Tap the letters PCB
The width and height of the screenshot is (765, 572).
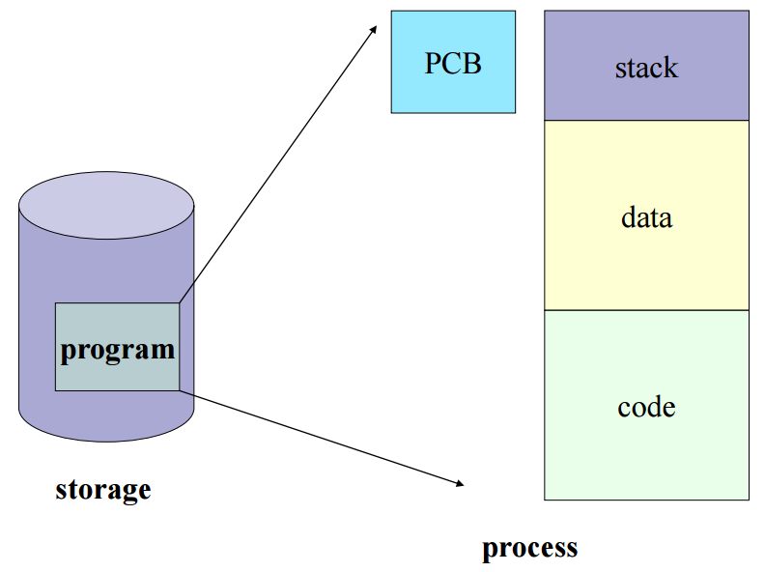tap(453, 64)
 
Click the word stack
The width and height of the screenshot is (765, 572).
tap(646, 68)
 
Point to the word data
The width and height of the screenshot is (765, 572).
tap(646, 217)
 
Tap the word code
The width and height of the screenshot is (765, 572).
tap(646, 407)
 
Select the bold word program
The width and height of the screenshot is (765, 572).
tap(118, 349)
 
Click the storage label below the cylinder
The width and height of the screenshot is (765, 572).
tap(102, 489)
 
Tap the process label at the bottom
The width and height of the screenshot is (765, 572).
tap(529, 548)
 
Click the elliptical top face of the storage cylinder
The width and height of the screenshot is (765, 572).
tap(106, 205)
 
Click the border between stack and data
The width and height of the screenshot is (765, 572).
tap(646, 121)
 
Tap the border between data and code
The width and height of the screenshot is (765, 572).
tap(646, 310)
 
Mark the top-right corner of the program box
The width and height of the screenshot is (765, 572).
tap(179, 303)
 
